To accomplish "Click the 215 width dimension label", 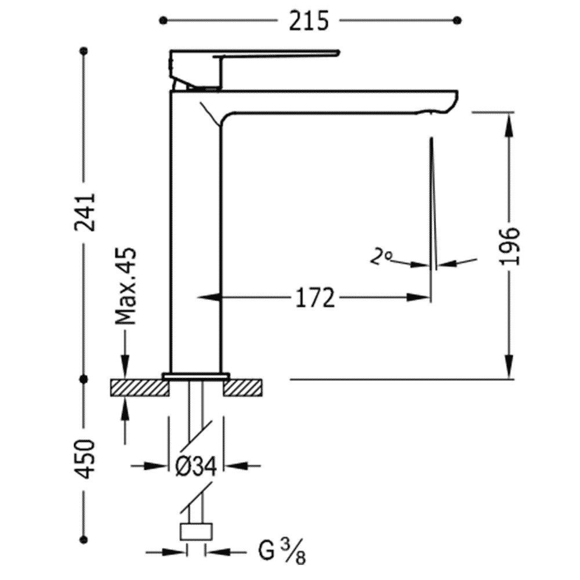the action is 309,21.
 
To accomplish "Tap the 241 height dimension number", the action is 85,212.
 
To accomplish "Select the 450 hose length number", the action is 85,459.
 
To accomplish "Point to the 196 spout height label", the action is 509,246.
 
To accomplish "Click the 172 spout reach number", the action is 315,298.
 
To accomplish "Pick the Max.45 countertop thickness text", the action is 126,286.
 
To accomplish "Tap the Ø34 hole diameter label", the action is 195,466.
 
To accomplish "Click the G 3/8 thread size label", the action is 282,552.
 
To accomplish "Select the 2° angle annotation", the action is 380,257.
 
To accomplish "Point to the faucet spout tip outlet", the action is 432,112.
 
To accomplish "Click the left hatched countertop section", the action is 139,387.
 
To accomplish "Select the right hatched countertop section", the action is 242,387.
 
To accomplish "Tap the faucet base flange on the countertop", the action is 195,376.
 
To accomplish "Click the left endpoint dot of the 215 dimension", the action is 163,21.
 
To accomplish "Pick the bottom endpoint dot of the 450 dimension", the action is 84,539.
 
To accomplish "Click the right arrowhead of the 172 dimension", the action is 419,297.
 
